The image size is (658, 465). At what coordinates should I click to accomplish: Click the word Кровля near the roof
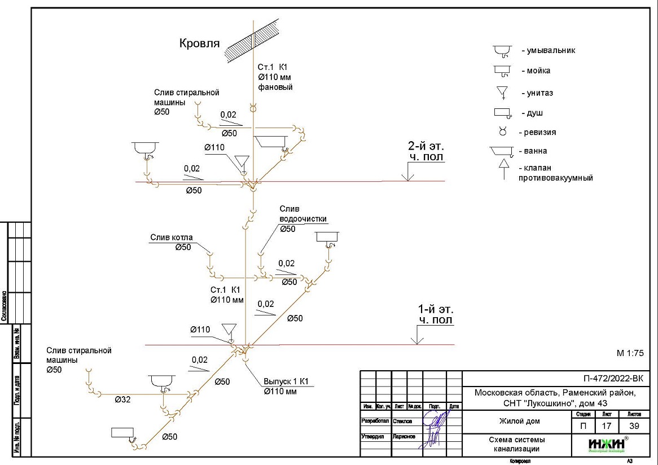point(199,44)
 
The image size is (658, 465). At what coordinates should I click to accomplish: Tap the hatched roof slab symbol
point(252,38)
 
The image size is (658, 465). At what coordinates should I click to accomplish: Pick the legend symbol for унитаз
point(501,93)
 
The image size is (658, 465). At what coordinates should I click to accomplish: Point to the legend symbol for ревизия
point(502,132)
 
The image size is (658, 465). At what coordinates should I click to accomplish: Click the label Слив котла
point(170,238)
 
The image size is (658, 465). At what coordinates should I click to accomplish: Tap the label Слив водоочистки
point(303,214)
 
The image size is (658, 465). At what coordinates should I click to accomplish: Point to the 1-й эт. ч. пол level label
point(435,315)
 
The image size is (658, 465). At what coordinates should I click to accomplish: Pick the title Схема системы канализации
point(516,445)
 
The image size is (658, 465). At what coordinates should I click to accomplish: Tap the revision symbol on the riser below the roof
point(253,107)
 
